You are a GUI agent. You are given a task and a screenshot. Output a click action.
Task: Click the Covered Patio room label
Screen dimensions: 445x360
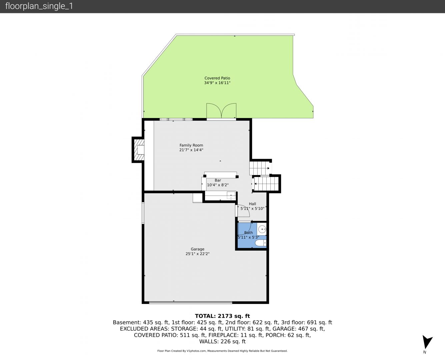click(217, 78)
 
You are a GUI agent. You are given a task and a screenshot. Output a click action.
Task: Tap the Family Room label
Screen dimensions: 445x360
click(191, 145)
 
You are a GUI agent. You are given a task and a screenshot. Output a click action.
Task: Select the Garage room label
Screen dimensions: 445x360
click(197, 249)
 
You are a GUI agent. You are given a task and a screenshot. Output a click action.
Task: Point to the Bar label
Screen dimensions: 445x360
click(218, 180)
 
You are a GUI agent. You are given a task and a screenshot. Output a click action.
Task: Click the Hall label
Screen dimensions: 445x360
click(252, 204)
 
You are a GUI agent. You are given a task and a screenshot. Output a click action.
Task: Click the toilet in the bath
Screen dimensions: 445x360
click(261, 243)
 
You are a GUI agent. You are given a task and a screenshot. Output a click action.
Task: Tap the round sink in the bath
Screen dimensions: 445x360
click(262, 229)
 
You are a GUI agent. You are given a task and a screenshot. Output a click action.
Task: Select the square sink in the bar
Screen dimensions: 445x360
click(231, 196)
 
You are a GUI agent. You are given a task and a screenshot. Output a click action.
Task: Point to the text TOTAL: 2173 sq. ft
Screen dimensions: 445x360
click(222, 316)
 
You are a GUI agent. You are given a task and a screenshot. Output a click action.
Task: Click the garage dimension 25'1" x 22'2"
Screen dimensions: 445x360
click(197, 254)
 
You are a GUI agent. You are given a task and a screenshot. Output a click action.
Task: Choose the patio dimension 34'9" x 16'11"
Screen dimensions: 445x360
click(217, 83)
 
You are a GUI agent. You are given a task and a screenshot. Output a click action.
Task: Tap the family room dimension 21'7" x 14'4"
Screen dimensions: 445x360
click(191, 150)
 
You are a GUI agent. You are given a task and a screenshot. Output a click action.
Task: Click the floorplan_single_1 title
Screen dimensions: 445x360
click(39, 6)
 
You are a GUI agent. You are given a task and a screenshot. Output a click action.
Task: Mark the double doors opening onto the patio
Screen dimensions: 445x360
click(221, 111)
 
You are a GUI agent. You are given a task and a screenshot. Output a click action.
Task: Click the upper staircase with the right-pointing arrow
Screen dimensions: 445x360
click(260, 168)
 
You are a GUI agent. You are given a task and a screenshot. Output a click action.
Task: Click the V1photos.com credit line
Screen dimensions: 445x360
click(222, 351)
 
